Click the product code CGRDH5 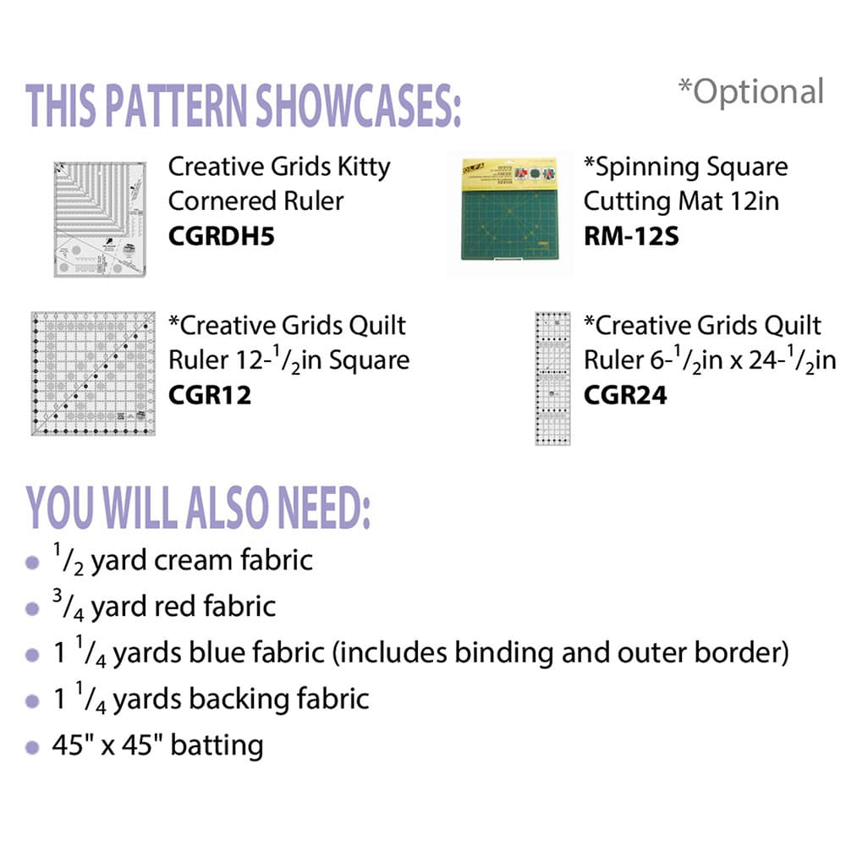[221, 236]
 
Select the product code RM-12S [631, 236]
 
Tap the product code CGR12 [210, 395]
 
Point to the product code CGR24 [625, 395]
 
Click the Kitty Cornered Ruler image [100, 219]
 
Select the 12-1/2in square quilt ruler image [93, 373]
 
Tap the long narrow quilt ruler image [552, 379]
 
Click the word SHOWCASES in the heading [358, 106]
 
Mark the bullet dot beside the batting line [32, 748]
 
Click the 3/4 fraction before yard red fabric [68, 605]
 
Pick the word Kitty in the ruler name [364, 168]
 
